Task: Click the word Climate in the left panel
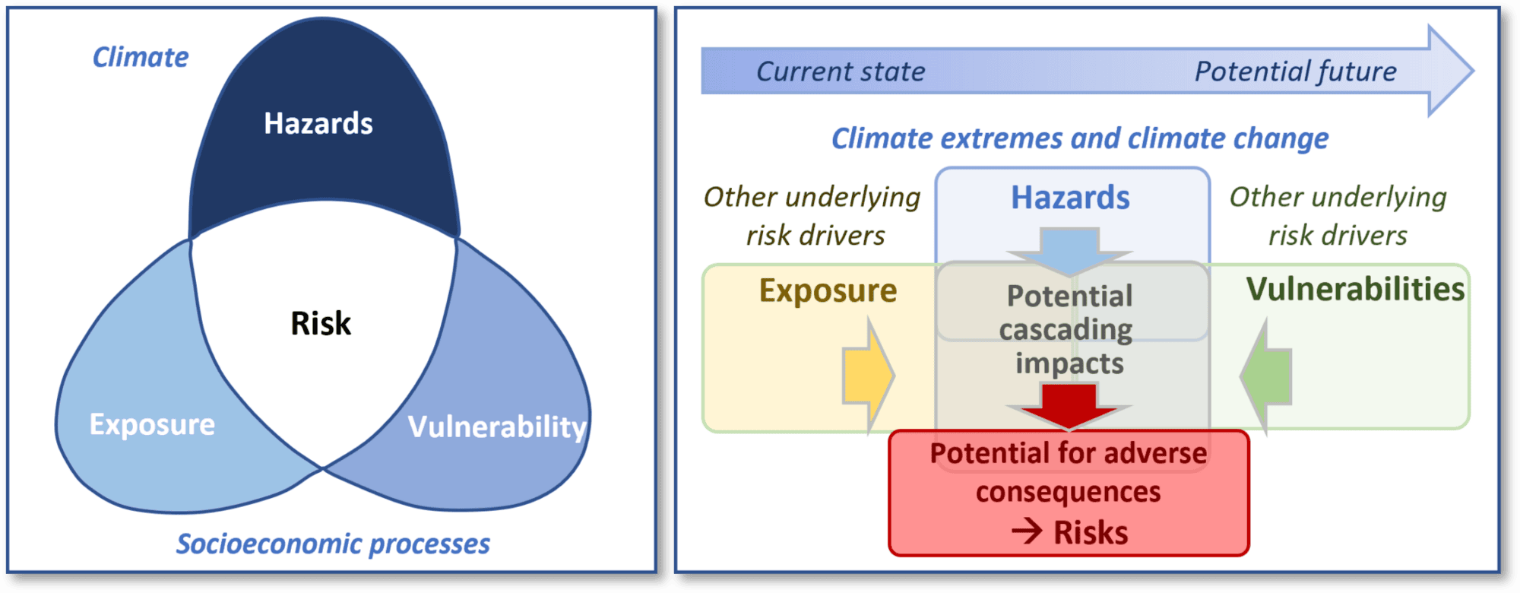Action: point(141,57)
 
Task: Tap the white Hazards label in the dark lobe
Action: point(318,123)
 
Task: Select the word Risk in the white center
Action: point(321,323)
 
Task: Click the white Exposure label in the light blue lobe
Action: point(152,424)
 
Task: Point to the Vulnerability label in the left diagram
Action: point(497,427)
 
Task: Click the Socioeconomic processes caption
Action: point(333,544)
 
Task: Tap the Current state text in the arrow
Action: point(841,71)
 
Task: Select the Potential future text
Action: point(1295,71)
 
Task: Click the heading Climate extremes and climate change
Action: point(1079,138)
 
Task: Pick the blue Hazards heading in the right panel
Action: point(1070,198)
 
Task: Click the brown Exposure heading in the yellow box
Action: point(828,290)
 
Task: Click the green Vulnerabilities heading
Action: point(1355,289)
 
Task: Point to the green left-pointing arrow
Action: point(1267,376)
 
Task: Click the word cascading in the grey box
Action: point(1066,330)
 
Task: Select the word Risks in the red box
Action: point(1091,532)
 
